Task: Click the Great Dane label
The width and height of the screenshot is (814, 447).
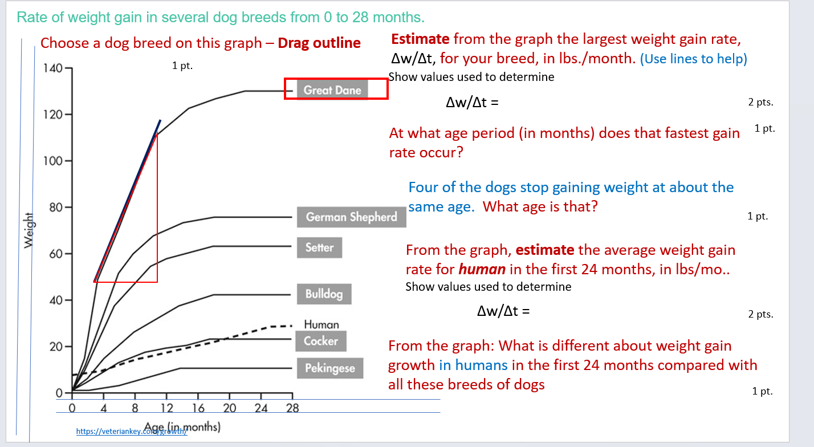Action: (333, 90)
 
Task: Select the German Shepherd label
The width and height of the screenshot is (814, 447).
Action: (351, 217)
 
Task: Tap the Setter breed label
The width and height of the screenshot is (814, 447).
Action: (319, 247)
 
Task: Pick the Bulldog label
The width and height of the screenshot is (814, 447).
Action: (324, 294)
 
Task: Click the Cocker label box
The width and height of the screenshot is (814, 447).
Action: (321, 341)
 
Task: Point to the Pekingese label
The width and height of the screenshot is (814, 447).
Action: (329, 368)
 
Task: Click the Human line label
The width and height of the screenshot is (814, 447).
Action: (321, 324)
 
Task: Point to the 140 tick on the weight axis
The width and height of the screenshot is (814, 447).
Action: (52, 68)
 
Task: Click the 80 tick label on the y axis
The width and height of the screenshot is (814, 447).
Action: (55, 208)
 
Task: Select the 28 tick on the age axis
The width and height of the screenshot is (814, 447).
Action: (292, 408)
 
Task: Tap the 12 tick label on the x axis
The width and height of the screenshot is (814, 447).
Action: (166, 408)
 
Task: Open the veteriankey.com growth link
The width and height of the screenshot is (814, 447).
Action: (132, 432)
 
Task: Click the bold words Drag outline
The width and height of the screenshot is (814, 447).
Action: (319, 43)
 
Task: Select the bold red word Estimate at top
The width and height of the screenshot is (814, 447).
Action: (420, 39)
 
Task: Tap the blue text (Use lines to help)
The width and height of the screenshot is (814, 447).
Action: (693, 58)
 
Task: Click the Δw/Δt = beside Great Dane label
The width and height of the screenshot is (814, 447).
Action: (472, 103)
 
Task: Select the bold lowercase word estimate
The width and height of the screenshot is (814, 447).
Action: (544, 250)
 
